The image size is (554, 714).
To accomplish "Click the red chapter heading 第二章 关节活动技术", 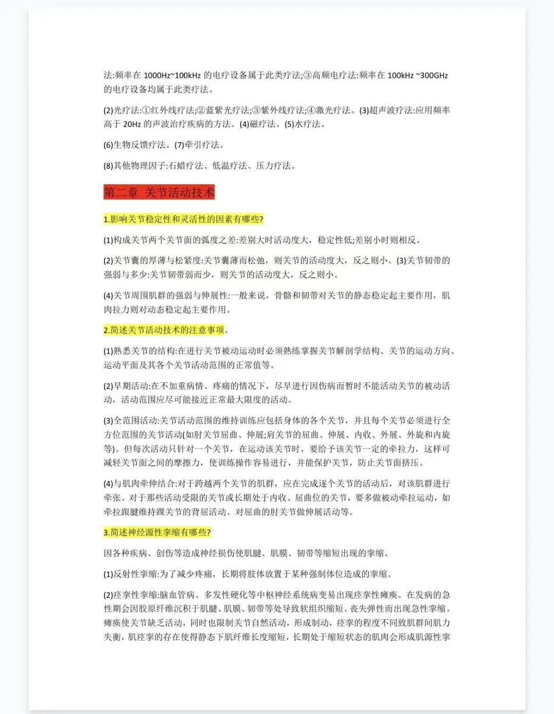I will (x=159, y=192).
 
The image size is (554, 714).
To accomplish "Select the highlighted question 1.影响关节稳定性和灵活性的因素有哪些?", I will (x=183, y=219).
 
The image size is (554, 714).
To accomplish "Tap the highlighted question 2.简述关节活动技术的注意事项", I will (x=164, y=330).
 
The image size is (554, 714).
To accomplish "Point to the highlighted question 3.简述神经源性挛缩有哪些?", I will (x=157, y=532).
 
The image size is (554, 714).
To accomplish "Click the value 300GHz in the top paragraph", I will (x=434, y=75).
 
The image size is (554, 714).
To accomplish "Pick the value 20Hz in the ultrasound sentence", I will (x=132, y=124).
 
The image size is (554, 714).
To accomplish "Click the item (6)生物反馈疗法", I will (x=136, y=145).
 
